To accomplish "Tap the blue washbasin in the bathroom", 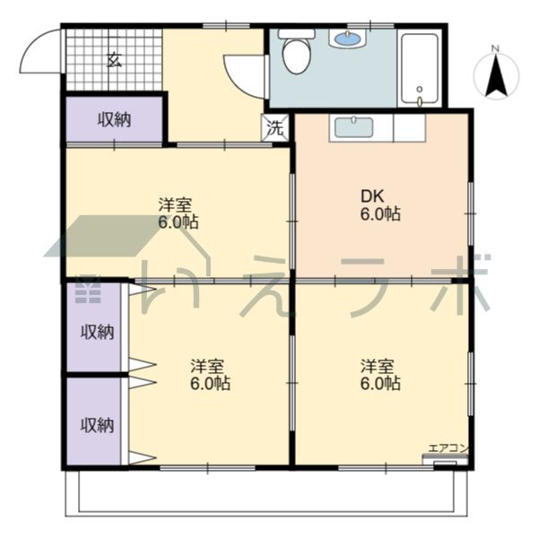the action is tap(348, 38).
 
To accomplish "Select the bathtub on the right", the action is tap(420, 69).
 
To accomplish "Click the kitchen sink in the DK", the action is tap(354, 127).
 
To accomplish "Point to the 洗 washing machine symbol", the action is tap(275, 128).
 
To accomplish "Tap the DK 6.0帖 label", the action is tap(380, 204).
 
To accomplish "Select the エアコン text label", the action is tap(448, 448).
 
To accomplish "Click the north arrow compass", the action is tap(497, 76).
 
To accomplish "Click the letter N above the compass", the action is tap(495, 48).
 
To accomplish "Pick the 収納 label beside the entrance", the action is tap(115, 120).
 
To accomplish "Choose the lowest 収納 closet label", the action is tap(97, 425).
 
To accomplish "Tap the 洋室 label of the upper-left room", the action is tap(175, 204).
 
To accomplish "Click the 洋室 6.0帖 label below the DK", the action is tap(380, 375).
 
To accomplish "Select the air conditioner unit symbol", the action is tap(445, 459).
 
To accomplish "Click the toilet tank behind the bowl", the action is tap(297, 34).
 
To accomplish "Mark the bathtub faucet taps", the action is tap(420, 97).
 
